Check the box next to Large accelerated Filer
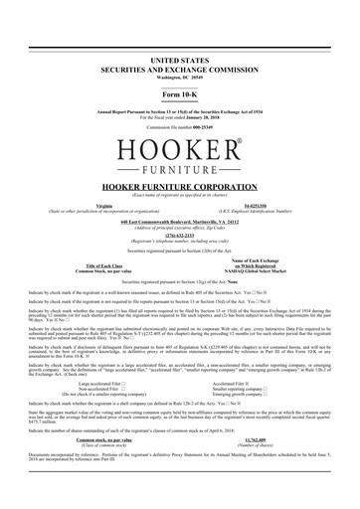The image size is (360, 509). click(x=128, y=381)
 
